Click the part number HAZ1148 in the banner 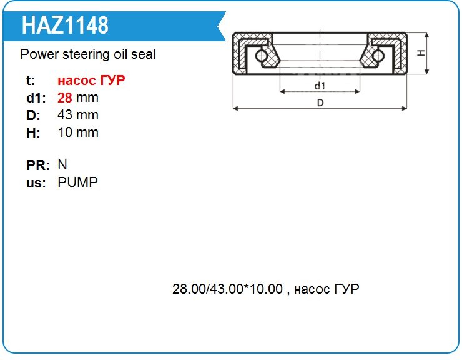coord(65,26)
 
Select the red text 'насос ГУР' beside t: coord(91,80)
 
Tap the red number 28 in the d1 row coord(65,97)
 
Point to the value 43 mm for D coord(78,115)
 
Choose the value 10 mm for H coord(78,132)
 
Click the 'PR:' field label coord(38,165)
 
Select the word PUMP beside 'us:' coord(77,182)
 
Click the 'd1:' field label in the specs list coord(36,98)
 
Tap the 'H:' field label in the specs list coord(33,132)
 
